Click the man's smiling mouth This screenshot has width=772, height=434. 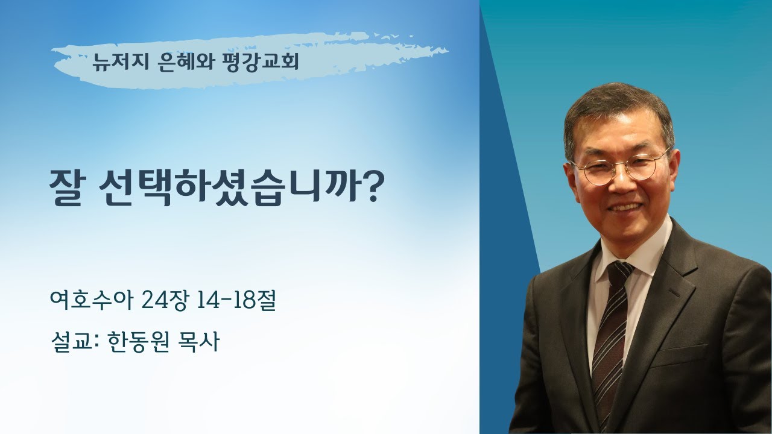625,207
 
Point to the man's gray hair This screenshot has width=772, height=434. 615,108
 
